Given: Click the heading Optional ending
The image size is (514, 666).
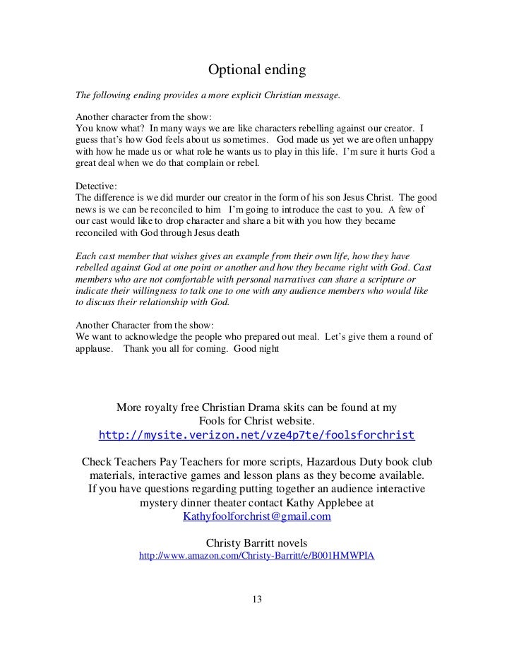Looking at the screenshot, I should [256, 71].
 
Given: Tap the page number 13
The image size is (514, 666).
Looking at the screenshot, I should [256, 600].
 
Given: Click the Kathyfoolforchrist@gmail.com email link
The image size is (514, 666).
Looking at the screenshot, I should [257, 516].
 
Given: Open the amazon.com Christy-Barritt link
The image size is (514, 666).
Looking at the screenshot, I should [257, 556].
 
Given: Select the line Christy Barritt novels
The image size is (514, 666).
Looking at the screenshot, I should [256, 542].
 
